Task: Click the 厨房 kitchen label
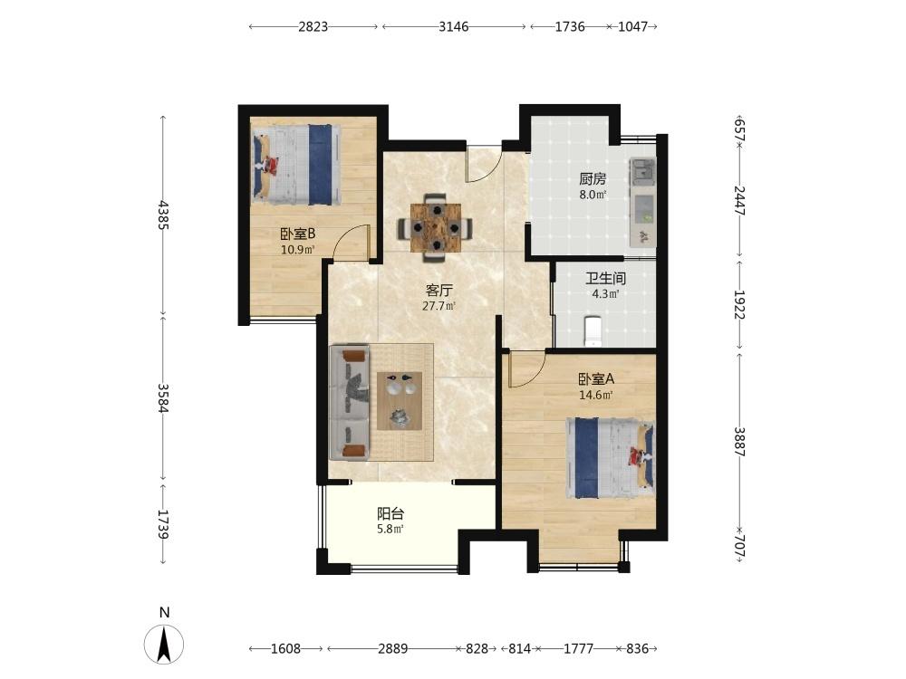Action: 593,179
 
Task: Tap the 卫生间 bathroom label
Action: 605,279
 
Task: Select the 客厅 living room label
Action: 439,290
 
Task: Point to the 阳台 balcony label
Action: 390,513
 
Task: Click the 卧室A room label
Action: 596,379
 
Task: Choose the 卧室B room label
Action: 297,234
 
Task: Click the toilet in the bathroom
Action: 593,330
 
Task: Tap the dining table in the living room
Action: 435,228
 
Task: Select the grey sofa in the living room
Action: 350,403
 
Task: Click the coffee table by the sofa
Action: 400,401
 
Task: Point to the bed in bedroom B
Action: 296,164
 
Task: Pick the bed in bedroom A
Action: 610,458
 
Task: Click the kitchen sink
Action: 643,172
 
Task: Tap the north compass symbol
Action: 164,643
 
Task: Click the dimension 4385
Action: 163,215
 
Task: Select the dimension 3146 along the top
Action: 454,26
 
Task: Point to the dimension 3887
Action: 739,442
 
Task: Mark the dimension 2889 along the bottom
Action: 393,649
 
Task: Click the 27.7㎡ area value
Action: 439,306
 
